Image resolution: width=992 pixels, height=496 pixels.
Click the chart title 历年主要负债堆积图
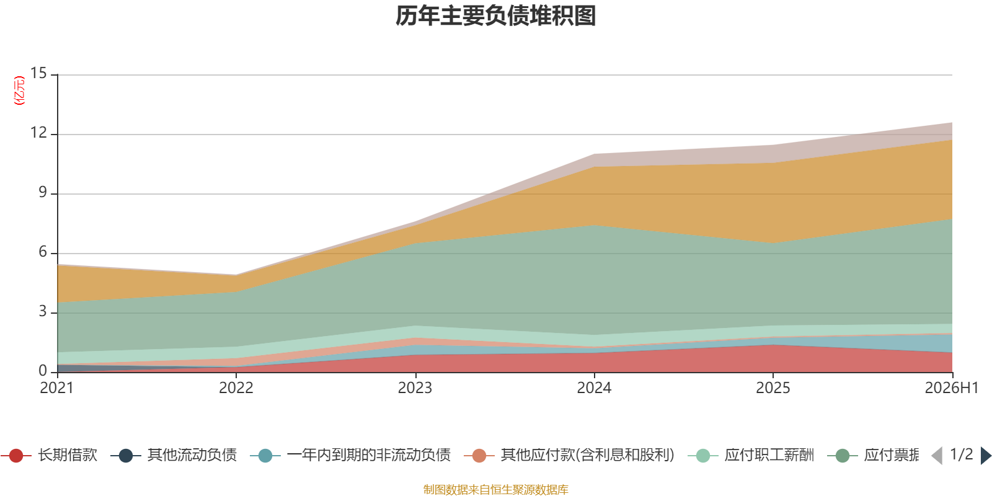(495, 16)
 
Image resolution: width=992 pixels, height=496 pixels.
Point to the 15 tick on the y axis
(38, 73)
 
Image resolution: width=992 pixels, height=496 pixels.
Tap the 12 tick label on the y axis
(38, 133)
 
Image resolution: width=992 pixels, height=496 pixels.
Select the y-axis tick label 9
(43, 192)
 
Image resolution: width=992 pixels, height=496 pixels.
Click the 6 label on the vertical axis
(43, 252)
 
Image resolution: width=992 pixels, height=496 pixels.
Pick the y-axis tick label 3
(43, 311)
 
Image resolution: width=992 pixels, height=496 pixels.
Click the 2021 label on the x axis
(56, 387)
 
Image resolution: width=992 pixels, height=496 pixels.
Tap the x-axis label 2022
(236, 387)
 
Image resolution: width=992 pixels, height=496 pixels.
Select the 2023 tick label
(415, 387)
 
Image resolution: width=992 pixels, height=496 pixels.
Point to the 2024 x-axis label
(594, 387)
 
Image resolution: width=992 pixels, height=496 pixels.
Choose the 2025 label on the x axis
(773, 387)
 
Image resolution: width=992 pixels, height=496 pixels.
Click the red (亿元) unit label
(19, 91)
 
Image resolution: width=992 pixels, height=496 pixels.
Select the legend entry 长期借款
(49, 455)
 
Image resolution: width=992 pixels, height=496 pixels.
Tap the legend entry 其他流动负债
(174, 455)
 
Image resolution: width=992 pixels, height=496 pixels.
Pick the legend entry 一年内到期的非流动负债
(350, 455)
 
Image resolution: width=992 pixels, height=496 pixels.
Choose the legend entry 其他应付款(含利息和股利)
(570, 455)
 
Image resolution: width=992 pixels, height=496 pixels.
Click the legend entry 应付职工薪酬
(751, 455)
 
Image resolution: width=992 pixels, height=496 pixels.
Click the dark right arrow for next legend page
(986, 455)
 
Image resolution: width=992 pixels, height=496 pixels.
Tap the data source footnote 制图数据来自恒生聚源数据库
(495, 489)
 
